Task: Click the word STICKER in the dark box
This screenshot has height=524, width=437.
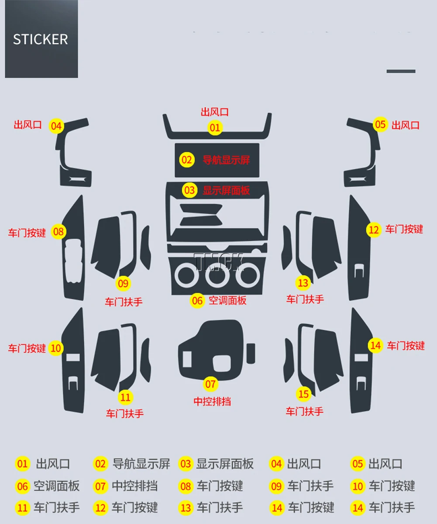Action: pyautogui.click(x=40, y=39)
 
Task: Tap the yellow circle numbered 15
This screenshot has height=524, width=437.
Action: pyautogui.click(x=303, y=394)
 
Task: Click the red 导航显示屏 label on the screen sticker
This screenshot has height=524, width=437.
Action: pyautogui.click(x=226, y=160)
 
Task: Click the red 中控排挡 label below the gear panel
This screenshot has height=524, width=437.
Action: pyautogui.click(x=212, y=401)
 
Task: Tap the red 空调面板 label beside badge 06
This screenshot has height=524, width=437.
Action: pyautogui.click(x=227, y=300)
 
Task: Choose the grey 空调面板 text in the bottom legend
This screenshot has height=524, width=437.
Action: pyautogui.click(x=57, y=486)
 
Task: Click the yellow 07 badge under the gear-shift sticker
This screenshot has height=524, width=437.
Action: pyautogui.click(x=210, y=384)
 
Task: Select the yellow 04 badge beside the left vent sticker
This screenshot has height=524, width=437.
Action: pyautogui.click(x=56, y=127)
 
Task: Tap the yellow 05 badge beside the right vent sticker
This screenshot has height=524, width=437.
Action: pyautogui.click(x=380, y=125)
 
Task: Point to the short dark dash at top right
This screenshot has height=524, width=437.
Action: pyautogui.click(x=401, y=71)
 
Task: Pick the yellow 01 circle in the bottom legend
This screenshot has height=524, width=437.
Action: pyautogui.click(x=23, y=464)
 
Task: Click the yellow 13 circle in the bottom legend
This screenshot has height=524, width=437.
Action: pyautogui.click(x=186, y=508)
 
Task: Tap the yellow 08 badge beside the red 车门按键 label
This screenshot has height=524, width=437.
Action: pyautogui.click(x=58, y=232)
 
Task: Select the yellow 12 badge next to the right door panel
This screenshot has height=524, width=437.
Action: pyautogui.click(x=374, y=229)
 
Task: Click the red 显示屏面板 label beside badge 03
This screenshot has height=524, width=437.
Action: pyautogui.click(x=226, y=190)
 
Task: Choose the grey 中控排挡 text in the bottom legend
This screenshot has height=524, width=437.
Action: pyautogui.click(x=134, y=486)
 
